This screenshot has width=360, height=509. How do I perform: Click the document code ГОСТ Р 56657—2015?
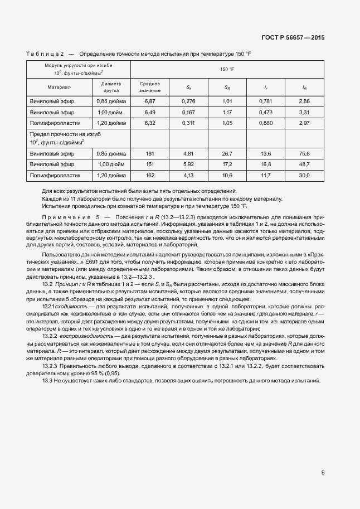point(293,37)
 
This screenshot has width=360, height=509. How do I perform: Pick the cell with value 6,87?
point(149,101)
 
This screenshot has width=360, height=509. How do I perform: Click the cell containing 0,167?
point(189,112)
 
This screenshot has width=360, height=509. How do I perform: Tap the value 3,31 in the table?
point(304,112)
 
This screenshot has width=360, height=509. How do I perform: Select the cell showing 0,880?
point(266,122)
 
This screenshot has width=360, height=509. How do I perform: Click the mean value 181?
point(149,153)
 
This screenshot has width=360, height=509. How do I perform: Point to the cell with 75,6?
point(304,153)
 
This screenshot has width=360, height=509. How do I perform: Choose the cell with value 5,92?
point(188,164)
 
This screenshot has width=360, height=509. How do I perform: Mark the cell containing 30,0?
point(304,175)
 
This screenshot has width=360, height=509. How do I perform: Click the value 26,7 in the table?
point(227,153)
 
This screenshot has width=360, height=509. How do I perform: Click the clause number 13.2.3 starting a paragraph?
point(51,365)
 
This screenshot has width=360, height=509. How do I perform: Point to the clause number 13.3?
point(47,380)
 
